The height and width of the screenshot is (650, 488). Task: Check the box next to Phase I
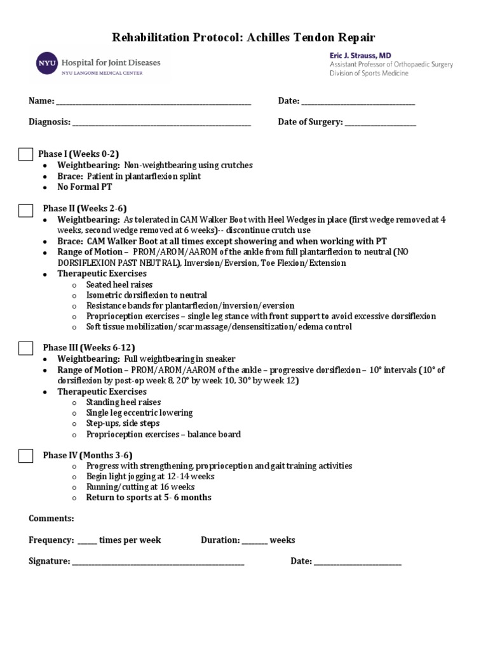[25, 154]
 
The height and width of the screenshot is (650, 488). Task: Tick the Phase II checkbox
[25, 210]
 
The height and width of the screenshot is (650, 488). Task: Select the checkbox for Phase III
[25, 348]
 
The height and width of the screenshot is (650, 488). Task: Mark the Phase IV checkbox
[25, 455]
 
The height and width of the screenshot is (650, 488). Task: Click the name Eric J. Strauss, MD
[360, 55]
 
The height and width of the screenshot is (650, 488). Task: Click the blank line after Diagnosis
[161, 123]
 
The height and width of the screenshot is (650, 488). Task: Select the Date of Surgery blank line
[381, 123]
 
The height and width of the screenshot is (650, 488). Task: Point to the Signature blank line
[158, 562]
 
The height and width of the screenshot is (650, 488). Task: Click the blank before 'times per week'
[87, 541]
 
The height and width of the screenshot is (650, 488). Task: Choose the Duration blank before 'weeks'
[254, 541]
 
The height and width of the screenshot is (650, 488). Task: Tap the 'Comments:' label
[51, 519]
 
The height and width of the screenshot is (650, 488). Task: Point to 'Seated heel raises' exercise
[119, 285]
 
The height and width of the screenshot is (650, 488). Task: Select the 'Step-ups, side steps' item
[123, 423]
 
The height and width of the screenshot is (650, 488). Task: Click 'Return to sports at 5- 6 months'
[149, 498]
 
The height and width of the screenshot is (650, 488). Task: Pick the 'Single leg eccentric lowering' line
[139, 413]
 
